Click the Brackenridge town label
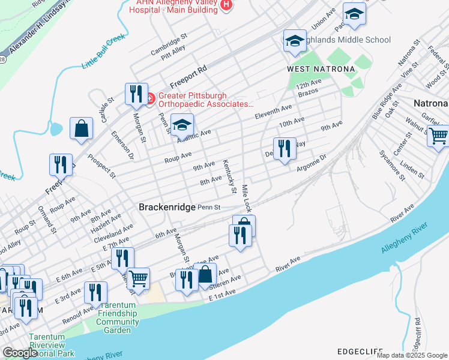(167, 207)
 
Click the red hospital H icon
(226, 5)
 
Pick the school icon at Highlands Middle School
(294, 41)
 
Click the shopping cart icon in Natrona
(438, 136)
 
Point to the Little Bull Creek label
(103, 51)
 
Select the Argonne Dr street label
(311, 163)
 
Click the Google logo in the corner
(19, 353)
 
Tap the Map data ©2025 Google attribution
(412, 355)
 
